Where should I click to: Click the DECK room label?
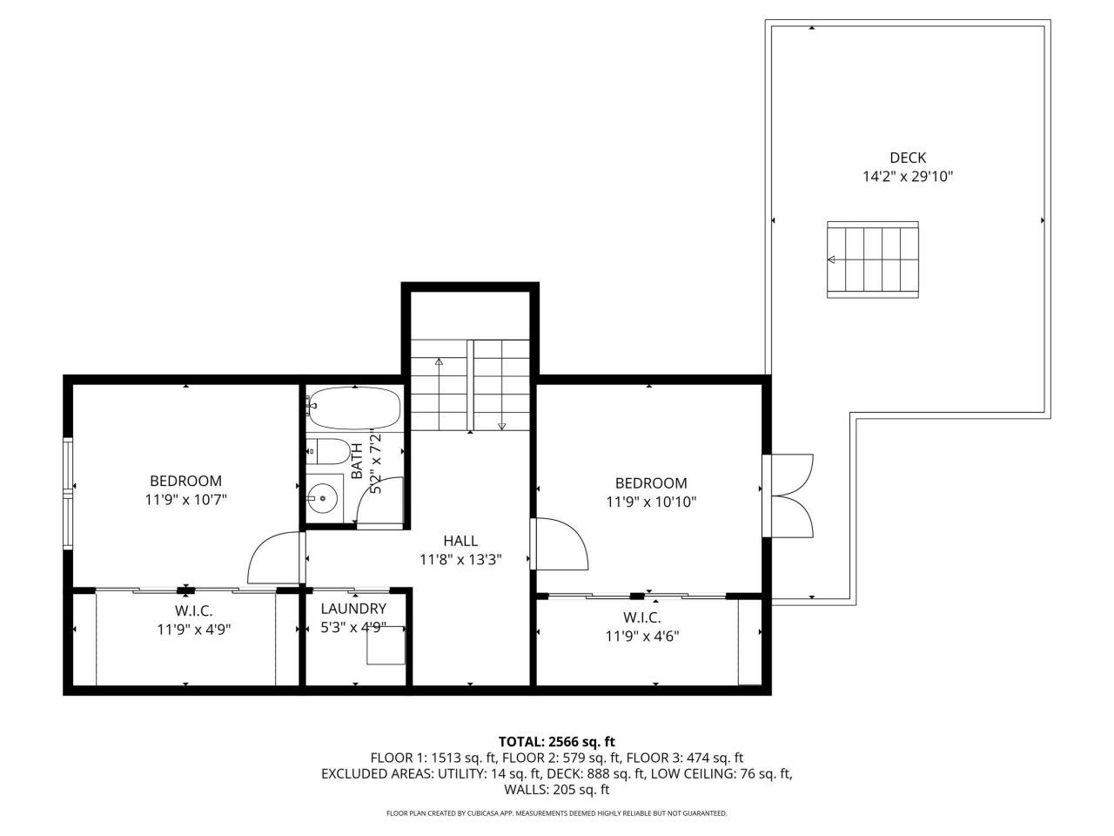point(907,158)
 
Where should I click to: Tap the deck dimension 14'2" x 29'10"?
point(907,177)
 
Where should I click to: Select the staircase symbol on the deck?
point(872,260)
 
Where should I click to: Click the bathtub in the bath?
point(353,408)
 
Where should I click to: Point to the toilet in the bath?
point(328,452)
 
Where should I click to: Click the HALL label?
point(460,541)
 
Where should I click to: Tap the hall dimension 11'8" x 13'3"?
point(460,560)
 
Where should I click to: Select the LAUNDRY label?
point(352,609)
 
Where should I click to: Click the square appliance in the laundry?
point(385,645)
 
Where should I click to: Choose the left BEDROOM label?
point(185,481)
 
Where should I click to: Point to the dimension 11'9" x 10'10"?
point(651,502)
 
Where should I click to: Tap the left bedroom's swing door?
point(275,558)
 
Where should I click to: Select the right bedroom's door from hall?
point(560,545)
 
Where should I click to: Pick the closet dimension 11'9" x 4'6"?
point(642,636)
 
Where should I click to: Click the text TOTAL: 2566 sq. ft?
point(556,741)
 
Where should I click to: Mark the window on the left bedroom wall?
point(68,493)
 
